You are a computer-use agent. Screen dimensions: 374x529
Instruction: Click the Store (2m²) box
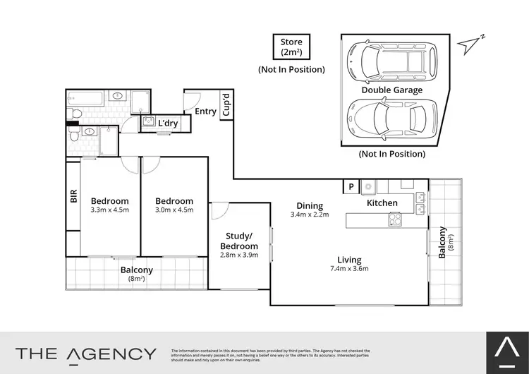[x=291, y=47]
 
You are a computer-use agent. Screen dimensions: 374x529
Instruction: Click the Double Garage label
[x=392, y=90]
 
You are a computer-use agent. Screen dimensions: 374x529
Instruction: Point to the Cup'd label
[x=226, y=105]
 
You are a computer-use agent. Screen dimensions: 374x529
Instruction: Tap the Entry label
[x=205, y=111]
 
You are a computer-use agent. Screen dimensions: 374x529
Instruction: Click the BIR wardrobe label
[x=73, y=196]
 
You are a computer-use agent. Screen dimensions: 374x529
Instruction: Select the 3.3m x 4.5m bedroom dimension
[x=109, y=210]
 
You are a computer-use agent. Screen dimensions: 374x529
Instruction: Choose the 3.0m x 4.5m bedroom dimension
[x=174, y=210]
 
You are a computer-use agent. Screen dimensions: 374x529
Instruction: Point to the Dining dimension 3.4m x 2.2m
[x=310, y=215]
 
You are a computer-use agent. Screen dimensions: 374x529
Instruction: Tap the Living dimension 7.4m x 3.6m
[x=348, y=268]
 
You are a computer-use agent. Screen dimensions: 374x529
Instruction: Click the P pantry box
[x=351, y=186]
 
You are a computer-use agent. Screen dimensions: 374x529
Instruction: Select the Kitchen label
[x=382, y=203]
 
